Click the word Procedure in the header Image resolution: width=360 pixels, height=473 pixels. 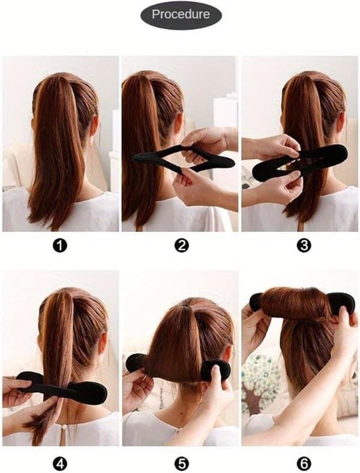[181, 14]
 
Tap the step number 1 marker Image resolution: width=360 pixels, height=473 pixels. [60, 246]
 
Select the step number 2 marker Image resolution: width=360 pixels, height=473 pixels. [181, 246]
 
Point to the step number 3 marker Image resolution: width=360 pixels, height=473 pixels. [304, 246]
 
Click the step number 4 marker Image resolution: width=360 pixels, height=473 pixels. [60, 463]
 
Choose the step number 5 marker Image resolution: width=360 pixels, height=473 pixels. [181, 463]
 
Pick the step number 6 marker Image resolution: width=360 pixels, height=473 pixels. [304, 463]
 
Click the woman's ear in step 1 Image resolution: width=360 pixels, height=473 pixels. [95, 126]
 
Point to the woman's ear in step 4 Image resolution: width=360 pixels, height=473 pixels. [103, 344]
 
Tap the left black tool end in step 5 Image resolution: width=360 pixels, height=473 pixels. [136, 363]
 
